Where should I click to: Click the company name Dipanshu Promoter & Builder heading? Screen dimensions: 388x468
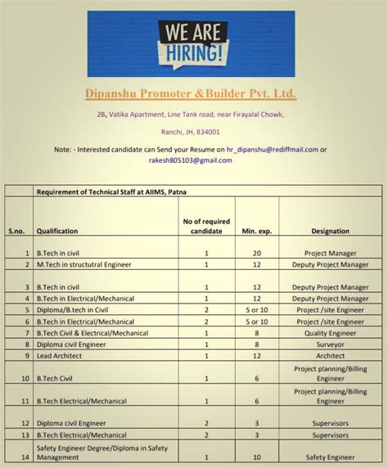pyautogui.click(x=191, y=95)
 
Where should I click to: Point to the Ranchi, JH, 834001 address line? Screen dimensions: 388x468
pyautogui.click(x=190, y=132)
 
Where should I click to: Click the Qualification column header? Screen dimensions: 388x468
pyautogui.click(x=57, y=232)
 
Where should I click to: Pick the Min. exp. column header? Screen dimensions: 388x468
pyautogui.click(x=256, y=232)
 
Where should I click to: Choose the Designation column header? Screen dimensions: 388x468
pyautogui.click(x=330, y=232)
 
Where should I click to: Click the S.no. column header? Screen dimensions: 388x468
pyautogui.click(x=16, y=232)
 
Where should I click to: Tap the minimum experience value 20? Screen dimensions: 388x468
pyautogui.click(x=256, y=254)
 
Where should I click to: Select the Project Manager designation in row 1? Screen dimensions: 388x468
pyautogui.click(x=330, y=254)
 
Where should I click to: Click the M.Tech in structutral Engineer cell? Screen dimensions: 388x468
pyautogui.click(x=83, y=265)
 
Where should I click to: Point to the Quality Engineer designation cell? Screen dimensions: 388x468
pyautogui.click(x=330, y=333)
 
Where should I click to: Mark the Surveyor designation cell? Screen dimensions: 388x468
pyautogui.click(x=330, y=344)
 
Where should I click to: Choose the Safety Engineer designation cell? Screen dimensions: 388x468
pyautogui.click(x=330, y=457)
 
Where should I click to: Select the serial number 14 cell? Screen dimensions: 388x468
pyautogui.click(x=25, y=457)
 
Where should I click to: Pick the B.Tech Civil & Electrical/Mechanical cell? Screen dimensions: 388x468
pyautogui.click(x=92, y=333)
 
